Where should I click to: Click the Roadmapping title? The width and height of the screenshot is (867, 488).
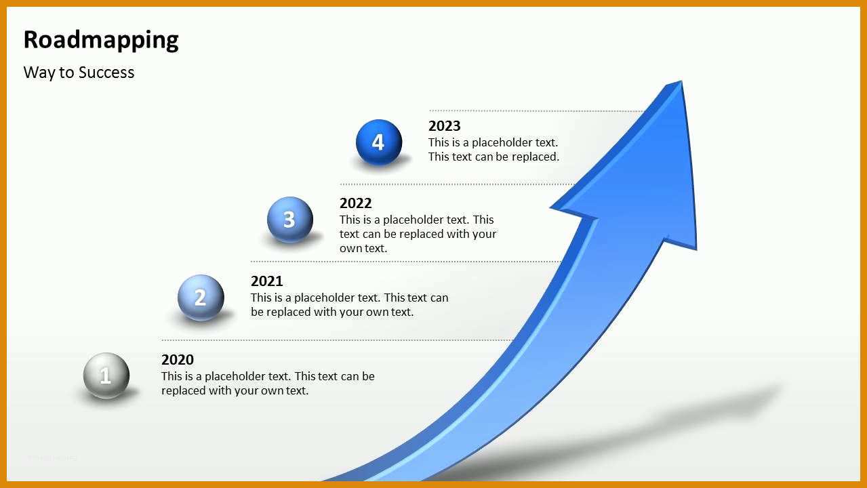click(x=101, y=40)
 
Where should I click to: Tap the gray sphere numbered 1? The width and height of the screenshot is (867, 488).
click(x=106, y=375)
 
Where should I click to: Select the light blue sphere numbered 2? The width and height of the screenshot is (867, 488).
click(x=201, y=298)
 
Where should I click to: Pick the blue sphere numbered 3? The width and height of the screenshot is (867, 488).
click(x=290, y=220)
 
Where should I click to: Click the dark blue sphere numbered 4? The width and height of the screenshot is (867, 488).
click(x=378, y=142)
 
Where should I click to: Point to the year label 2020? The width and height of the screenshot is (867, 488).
click(x=178, y=359)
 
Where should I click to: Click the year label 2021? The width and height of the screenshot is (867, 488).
click(x=266, y=281)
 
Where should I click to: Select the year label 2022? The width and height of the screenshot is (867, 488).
click(x=355, y=203)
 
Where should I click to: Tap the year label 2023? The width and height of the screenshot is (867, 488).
click(x=444, y=126)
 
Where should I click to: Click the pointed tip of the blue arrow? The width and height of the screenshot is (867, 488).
click(x=681, y=81)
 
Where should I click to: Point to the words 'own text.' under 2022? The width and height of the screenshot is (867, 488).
click(x=363, y=249)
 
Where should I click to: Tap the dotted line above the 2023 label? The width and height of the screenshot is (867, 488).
click(x=537, y=111)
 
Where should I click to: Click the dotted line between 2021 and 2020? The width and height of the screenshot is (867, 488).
click(x=338, y=340)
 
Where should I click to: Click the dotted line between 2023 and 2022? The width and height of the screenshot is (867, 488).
click(x=457, y=184)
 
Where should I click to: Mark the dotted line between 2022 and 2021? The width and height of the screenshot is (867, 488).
click(x=405, y=262)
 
